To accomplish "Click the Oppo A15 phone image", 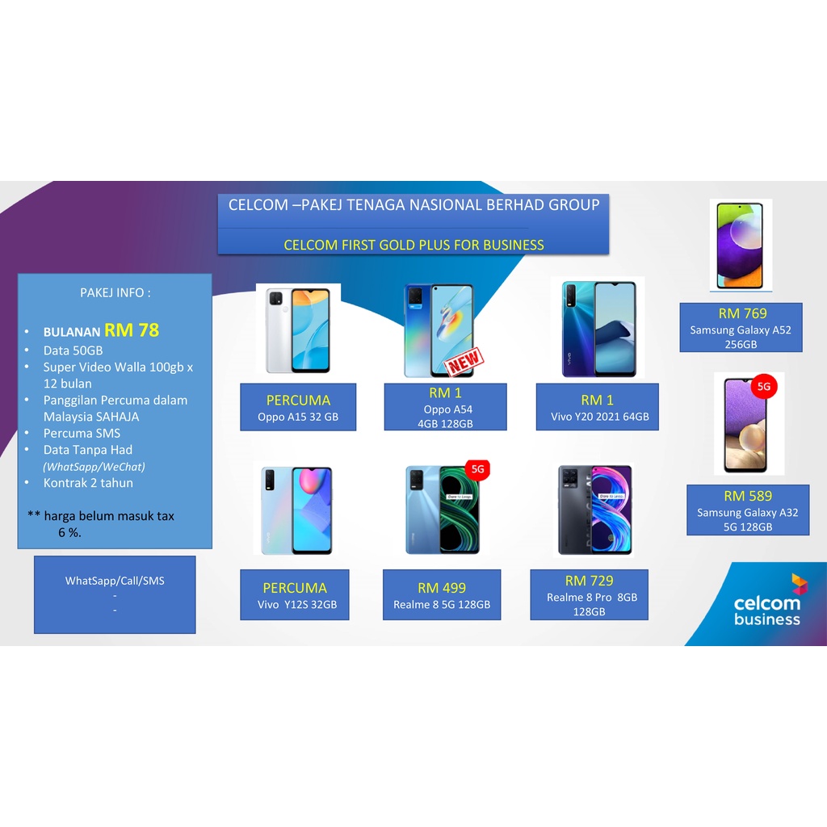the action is point(298,330).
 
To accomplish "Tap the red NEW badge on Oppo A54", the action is point(464,362).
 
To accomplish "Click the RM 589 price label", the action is point(748,496).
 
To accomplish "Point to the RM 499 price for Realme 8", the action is point(442,588).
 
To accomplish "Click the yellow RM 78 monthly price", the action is point(132,330).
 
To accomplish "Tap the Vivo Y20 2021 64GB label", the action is point(597,417).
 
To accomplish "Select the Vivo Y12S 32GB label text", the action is point(297,605).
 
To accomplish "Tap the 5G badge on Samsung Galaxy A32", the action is point(764,387).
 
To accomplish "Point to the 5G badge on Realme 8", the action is point(477,468).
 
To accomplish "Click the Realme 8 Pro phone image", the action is point(594,510).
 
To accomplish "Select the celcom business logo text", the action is point(766,611).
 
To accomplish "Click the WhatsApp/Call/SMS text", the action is point(115,581).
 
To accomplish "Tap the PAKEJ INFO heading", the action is point(115,292).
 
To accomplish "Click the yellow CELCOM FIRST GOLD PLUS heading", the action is point(413,245).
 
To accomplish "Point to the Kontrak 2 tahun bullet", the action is point(88,483).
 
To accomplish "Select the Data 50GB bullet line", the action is point(73,351).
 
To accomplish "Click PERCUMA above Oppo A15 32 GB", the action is point(298,400).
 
